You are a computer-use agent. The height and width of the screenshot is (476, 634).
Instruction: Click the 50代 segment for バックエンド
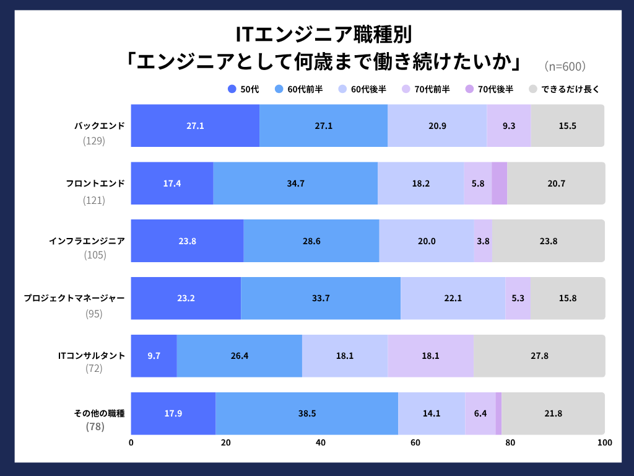coord(195,126)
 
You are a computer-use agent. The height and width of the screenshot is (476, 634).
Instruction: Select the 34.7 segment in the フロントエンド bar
coord(295,183)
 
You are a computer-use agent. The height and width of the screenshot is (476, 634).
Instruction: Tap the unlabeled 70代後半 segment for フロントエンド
coord(499,183)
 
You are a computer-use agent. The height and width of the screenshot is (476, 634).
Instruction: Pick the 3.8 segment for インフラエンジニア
coord(483,241)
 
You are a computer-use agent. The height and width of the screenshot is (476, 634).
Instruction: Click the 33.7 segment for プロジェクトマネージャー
coord(321,298)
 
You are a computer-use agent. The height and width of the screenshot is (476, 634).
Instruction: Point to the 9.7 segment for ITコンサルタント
coord(154,356)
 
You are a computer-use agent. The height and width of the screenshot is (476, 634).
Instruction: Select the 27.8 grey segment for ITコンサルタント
coord(539,356)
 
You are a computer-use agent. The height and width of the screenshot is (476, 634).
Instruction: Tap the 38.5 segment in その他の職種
coord(306,413)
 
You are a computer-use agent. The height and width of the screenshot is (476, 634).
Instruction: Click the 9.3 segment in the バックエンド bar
coord(508,126)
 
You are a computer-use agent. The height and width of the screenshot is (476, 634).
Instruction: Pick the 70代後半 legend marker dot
coord(469,89)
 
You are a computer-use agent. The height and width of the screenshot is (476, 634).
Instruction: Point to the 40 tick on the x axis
coord(321,443)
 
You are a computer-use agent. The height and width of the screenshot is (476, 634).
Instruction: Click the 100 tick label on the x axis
coord(604,443)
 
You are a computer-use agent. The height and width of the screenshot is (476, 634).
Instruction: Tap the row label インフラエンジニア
coord(87,241)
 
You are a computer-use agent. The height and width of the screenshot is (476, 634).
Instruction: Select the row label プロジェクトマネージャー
coord(74,298)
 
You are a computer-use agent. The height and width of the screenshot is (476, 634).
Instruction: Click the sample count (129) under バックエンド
coord(94,141)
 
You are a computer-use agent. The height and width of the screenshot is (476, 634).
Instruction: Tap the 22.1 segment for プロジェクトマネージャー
coord(453,298)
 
